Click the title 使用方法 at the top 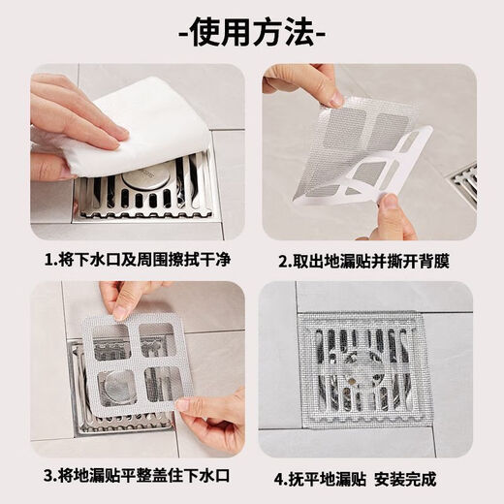pyautogui.click(x=252, y=34)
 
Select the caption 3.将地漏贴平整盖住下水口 pyautogui.click(x=135, y=478)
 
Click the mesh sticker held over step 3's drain pyautogui.click(x=136, y=359)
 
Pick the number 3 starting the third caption pyautogui.click(x=48, y=478)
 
